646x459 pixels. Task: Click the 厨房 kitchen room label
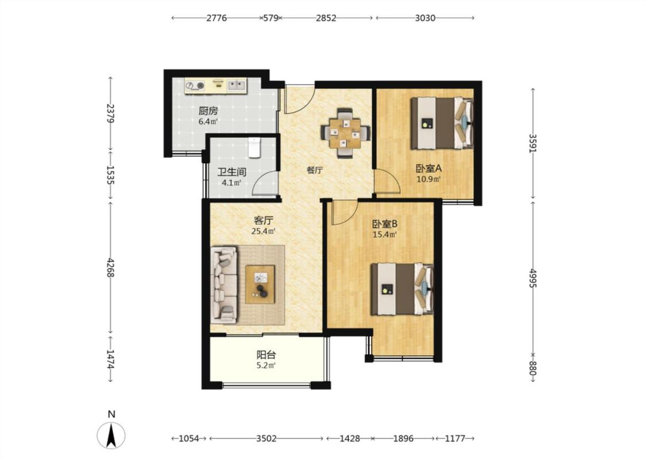[x=208, y=111]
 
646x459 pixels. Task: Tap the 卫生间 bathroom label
[x=232, y=172]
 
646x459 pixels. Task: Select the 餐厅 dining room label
[x=314, y=170]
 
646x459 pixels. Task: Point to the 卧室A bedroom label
[x=428, y=168]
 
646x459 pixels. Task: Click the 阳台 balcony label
[x=266, y=355]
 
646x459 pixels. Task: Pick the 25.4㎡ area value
[x=263, y=231]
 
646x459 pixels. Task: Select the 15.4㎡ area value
[x=384, y=235]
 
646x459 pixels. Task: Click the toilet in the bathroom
[x=254, y=147]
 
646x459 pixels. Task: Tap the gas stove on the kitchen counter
[x=195, y=85]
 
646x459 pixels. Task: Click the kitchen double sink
[x=237, y=85]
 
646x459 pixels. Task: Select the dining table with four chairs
[x=346, y=133]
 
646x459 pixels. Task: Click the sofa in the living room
[x=224, y=285]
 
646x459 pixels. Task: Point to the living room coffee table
[x=260, y=285]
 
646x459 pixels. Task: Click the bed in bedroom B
[x=402, y=289]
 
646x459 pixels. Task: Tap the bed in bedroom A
[x=442, y=123]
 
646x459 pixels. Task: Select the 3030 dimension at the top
[x=425, y=18]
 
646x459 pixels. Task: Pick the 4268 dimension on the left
[x=110, y=267]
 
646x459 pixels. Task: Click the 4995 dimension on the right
[x=533, y=278]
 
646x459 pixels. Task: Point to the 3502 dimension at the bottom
[x=266, y=439]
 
